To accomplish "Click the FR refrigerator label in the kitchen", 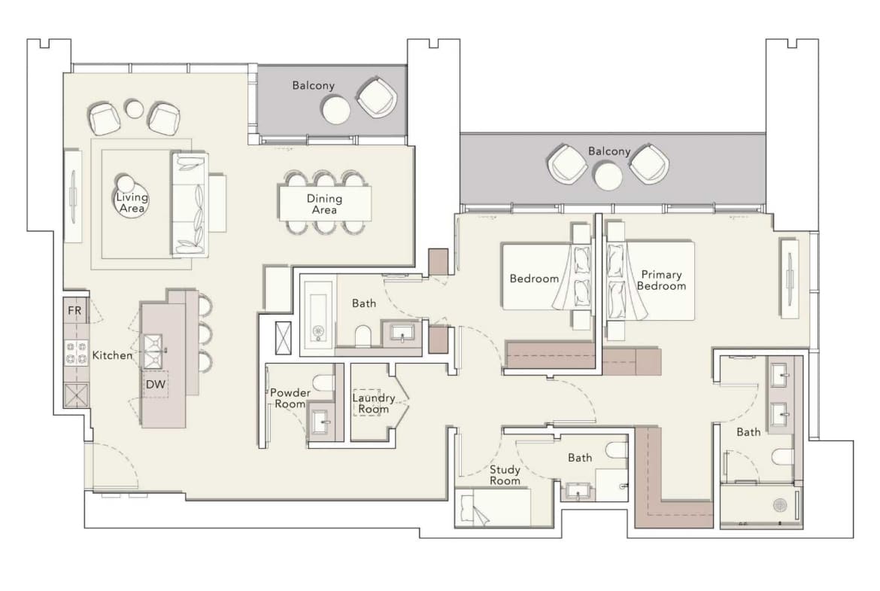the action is tap(74, 311).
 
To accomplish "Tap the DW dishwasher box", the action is tap(156, 384).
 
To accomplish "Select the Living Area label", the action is tap(132, 203).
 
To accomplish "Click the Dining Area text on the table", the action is tap(324, 204).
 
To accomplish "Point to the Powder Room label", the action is tap(290, 398).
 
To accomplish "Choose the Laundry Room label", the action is tap(374, 404).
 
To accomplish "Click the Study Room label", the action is tap(505, 475).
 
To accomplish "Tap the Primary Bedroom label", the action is tap(662, 280).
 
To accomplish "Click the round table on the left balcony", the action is tap(335, 110).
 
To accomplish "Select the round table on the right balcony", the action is tap(608, 176).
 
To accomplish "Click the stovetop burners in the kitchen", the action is tap(77, 353).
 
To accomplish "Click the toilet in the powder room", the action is tap(323, 382).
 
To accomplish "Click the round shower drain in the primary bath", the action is tap(781, 505).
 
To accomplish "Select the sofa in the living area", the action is tap(189, 205).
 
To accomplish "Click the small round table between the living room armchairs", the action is tap(134, 108).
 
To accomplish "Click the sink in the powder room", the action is tap(320, 420).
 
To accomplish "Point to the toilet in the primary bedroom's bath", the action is tap(784, 457).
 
